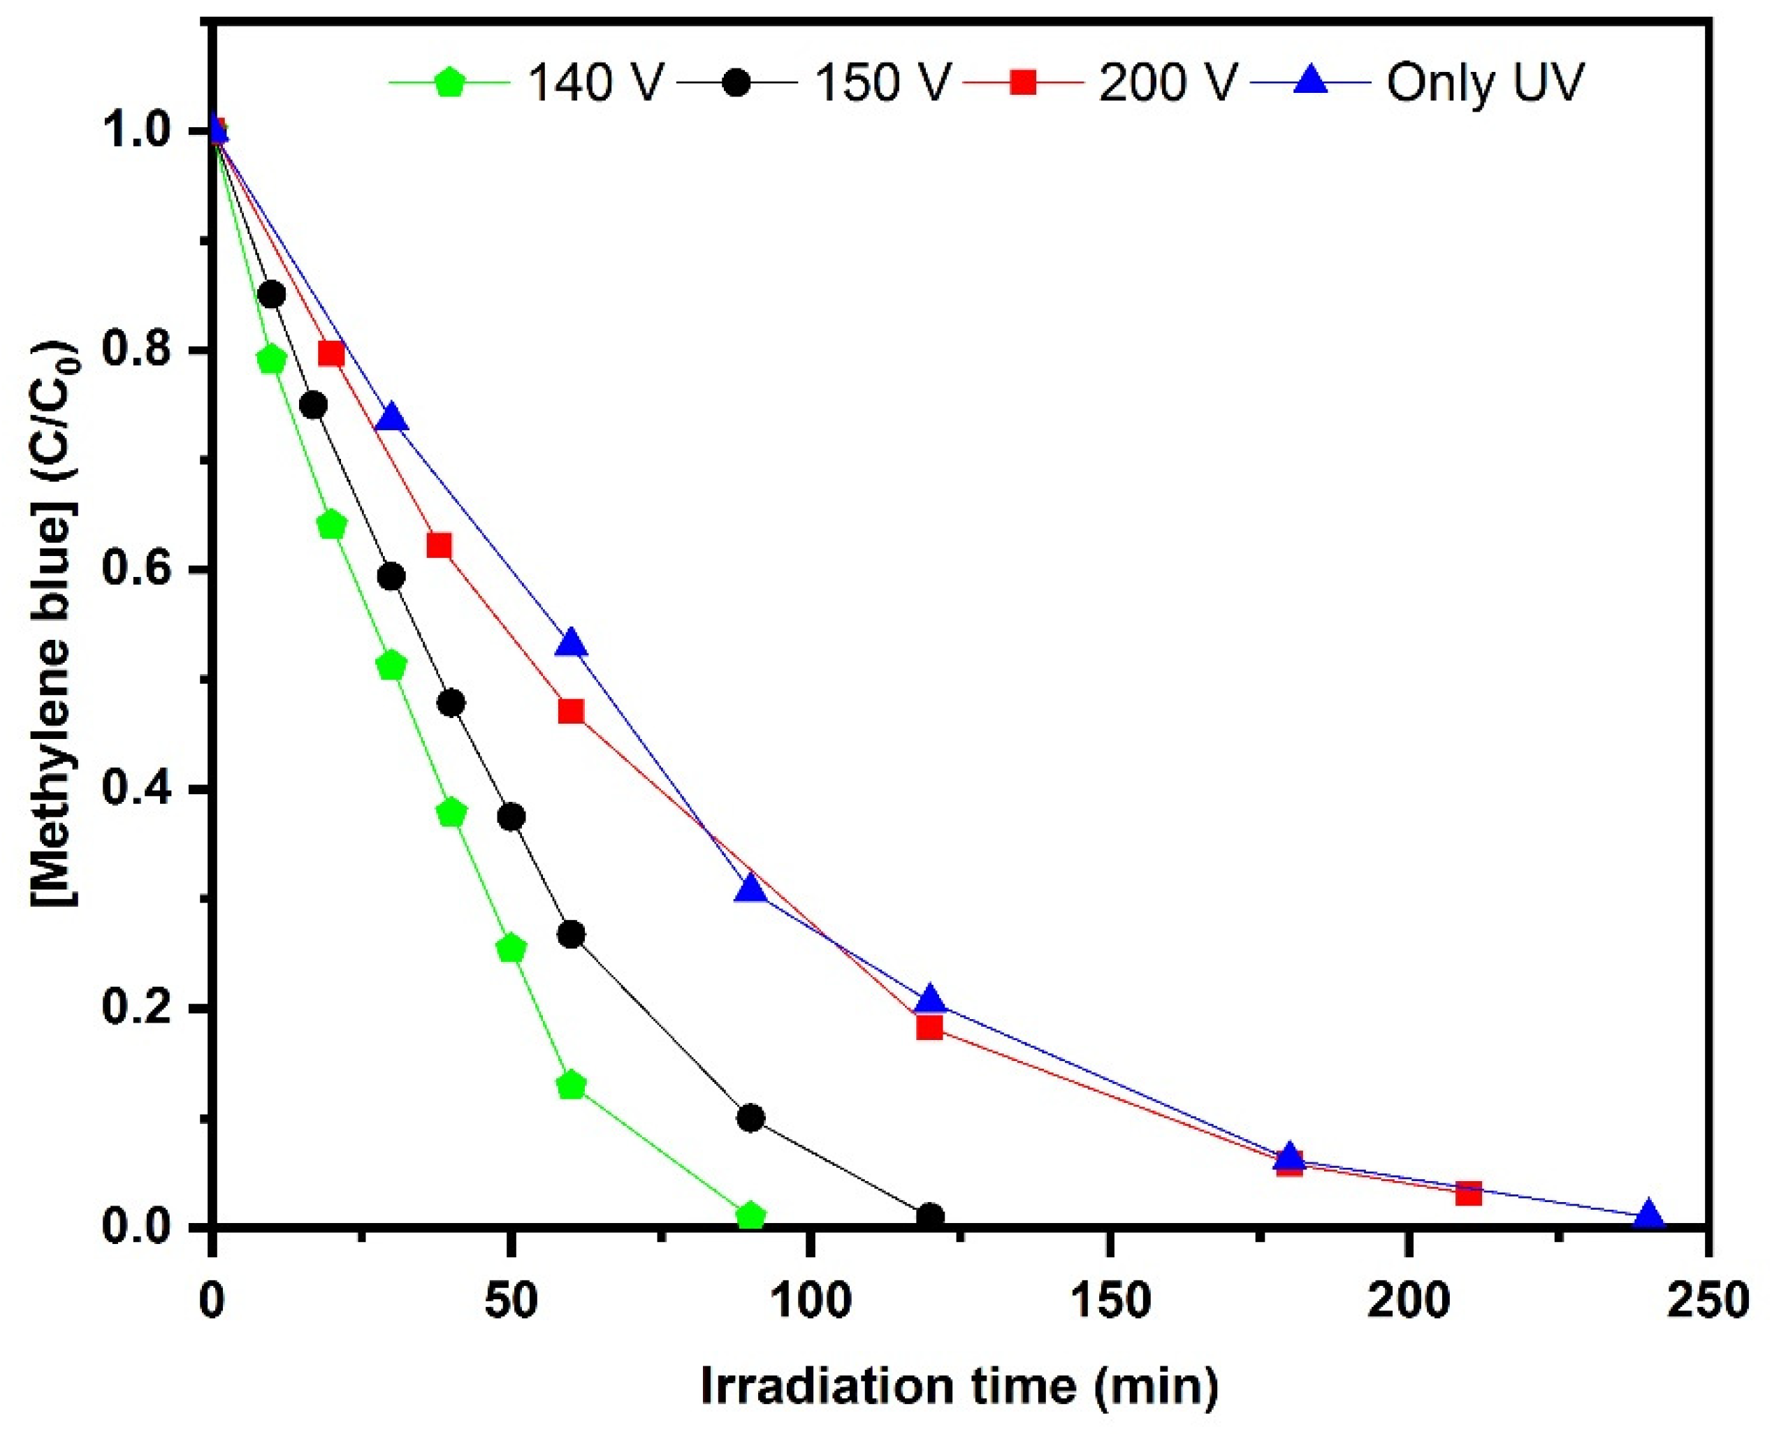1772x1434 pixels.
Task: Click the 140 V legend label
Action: (x=594, y=82)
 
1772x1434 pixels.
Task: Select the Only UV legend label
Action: (x=1485, y=82)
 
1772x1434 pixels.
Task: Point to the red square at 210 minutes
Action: (x=1468, y=1194)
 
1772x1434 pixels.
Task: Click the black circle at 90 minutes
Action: (x=750, y=1118)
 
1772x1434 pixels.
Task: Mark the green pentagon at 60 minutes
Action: (x=571, y=1085)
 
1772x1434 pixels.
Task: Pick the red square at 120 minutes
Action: (x=929, y=1027)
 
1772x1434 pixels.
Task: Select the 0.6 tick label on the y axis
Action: (x=142, y=571)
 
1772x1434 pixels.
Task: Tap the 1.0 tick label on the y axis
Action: (x=142, y=132)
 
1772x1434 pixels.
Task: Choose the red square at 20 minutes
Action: (x=331, y=353)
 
